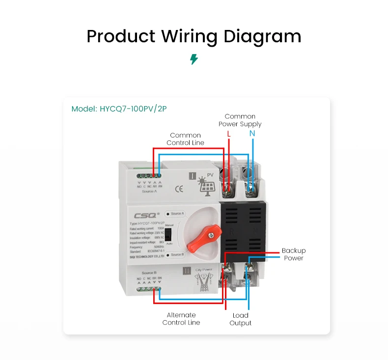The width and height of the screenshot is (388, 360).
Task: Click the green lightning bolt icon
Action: pos(194,59)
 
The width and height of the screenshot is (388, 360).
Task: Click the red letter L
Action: pos(228,134)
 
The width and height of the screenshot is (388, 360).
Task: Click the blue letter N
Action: pos(252,134)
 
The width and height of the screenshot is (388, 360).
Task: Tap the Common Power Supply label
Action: pos(240,120)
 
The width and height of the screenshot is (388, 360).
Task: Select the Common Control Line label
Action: pos(185,139)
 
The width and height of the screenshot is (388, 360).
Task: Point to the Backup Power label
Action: pos(293,254)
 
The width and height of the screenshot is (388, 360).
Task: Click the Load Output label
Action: pos(240,319)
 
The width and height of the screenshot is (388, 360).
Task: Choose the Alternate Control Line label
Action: pos(181,319)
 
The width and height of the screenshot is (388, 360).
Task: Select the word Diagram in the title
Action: pos(262,36)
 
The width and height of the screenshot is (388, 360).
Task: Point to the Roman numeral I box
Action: pos(193,176)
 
